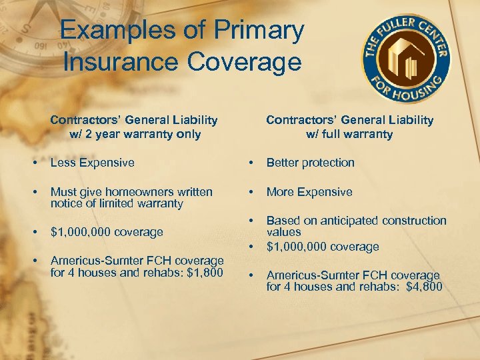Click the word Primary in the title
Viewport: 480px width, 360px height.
pos(258,30)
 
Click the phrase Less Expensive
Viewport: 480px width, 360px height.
pos(92,163)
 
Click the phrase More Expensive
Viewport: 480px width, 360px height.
pos(309,192)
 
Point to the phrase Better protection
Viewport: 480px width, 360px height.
pos(310,163)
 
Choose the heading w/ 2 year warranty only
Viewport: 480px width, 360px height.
pos(135,134)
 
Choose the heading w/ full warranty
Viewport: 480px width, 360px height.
pos(349,134)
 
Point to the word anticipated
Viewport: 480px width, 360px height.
pos(347,221)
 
